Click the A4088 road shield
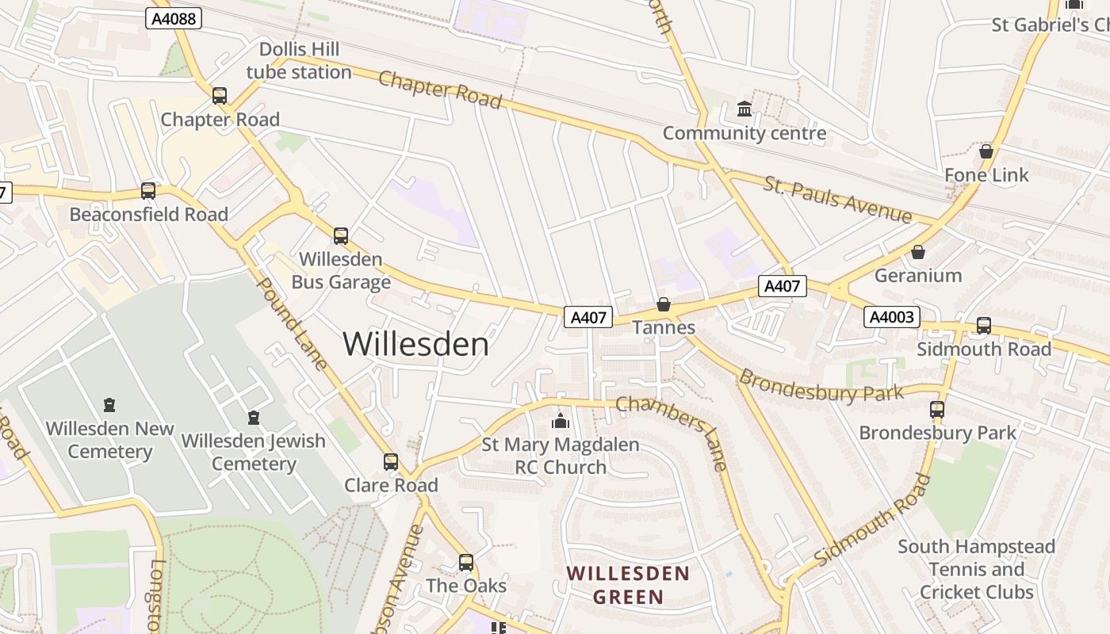tap(174, 18)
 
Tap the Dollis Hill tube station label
tap(299, 61)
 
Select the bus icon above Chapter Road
tap(220, 96)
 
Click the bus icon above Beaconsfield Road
tap(148, 191)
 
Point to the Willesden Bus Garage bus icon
tap(341, 235)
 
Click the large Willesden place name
tap(416, 344)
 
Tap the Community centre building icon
tap(744, 109)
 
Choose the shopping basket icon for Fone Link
tap(986, 151)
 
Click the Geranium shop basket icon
tap(918, 252)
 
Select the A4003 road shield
tap(892, 318)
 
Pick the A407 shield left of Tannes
tap(588, 317)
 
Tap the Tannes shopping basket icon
tap(664, 304)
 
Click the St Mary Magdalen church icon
tap(561, 421)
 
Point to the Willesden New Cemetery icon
tap(109, 405)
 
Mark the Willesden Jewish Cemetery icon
tap(254, 417)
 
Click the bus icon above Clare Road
tap(391, 461)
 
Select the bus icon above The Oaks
tap(466, 563)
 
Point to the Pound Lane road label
tap(293, 324)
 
